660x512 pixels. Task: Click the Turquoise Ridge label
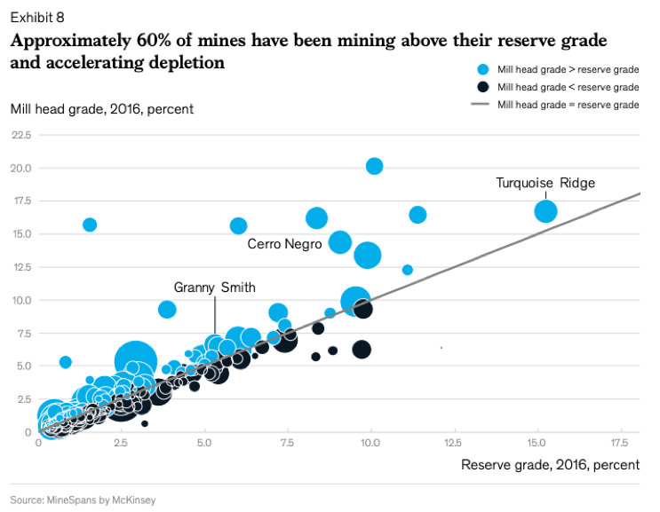(545, 184)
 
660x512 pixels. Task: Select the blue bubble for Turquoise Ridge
(545, 211)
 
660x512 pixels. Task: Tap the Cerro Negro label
(284, 244)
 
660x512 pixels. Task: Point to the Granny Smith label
(214, 288)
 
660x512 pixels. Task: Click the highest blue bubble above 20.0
(374, 166)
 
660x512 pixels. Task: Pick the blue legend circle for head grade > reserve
(482, 69)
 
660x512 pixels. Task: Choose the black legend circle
(482, 87)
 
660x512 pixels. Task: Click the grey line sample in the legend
(481, 105)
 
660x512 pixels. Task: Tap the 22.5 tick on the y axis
(21, 135)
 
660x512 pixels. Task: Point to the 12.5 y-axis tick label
(21, 267)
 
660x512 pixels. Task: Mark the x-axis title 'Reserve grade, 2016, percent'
(550, 465)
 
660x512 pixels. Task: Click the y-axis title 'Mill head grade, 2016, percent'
(102, 109)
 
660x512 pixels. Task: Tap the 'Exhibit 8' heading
(37, 17)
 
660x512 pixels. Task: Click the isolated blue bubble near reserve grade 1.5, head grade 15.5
(89, 224)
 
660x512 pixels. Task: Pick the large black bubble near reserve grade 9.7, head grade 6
(362, 349)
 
